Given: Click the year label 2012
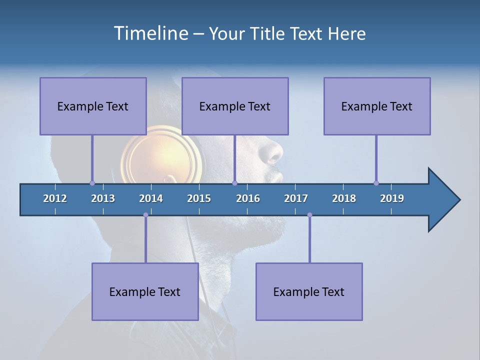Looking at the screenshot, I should [55, 198].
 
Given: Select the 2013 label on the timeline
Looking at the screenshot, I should [103, 198].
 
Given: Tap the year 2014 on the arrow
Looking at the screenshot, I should [151, 198].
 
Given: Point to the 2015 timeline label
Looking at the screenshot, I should [199, 198].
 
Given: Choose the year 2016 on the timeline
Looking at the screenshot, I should [248, 198].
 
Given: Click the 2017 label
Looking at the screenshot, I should [296, 198].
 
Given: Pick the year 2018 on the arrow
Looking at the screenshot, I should [344, 198].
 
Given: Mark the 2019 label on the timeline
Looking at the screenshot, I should [392, 198].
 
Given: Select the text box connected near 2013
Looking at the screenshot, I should [93, 106].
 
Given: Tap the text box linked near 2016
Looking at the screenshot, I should [235, 106].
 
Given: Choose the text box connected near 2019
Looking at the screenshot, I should [377, 106].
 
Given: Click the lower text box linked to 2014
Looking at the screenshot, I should [145, 291].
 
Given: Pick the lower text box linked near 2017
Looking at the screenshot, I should [309, 291].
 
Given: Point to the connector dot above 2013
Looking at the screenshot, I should [92, 183].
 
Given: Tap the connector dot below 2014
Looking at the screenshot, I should [145, 215].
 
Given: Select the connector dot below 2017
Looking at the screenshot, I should [309, 215].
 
